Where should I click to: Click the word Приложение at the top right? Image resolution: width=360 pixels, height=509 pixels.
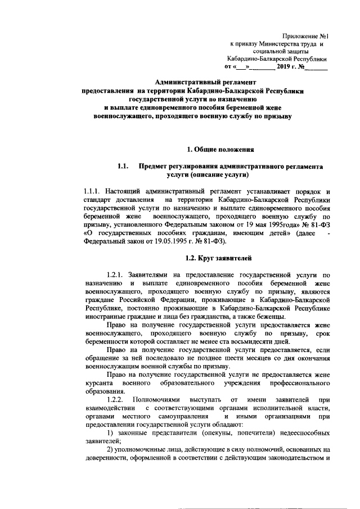[x=299, y=35]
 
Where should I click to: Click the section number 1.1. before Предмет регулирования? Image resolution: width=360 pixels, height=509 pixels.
[x=124, y=167]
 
